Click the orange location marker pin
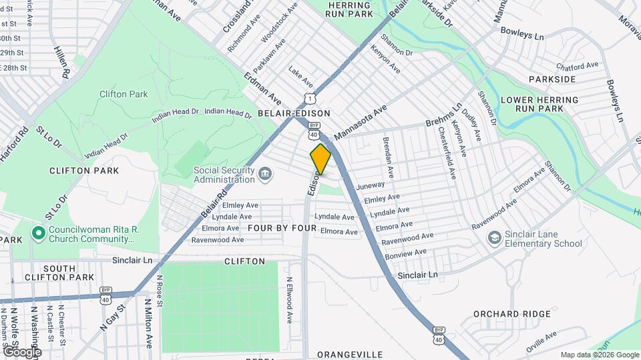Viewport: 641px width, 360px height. coord(320,159)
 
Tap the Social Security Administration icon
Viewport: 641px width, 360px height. coord(265,175)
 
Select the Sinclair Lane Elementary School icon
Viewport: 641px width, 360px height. coord(494,238)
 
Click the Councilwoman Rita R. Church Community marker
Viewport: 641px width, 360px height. coord(39,233)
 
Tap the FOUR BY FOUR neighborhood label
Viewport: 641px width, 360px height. coord(282,227)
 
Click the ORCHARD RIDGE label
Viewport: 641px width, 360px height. coord(512,313)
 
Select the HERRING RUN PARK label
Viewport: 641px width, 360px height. coord(350,9)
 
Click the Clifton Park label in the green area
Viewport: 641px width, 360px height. coord(124,94)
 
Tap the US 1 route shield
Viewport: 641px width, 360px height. coord(308,99)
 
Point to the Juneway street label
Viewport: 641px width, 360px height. coord(371,185)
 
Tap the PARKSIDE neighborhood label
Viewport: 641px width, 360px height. coord(552,79)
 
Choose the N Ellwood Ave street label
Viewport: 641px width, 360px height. coord(289,301)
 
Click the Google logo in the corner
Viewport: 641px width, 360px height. coord(21,351)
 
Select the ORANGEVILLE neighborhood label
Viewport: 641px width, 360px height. coord(350,354)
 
